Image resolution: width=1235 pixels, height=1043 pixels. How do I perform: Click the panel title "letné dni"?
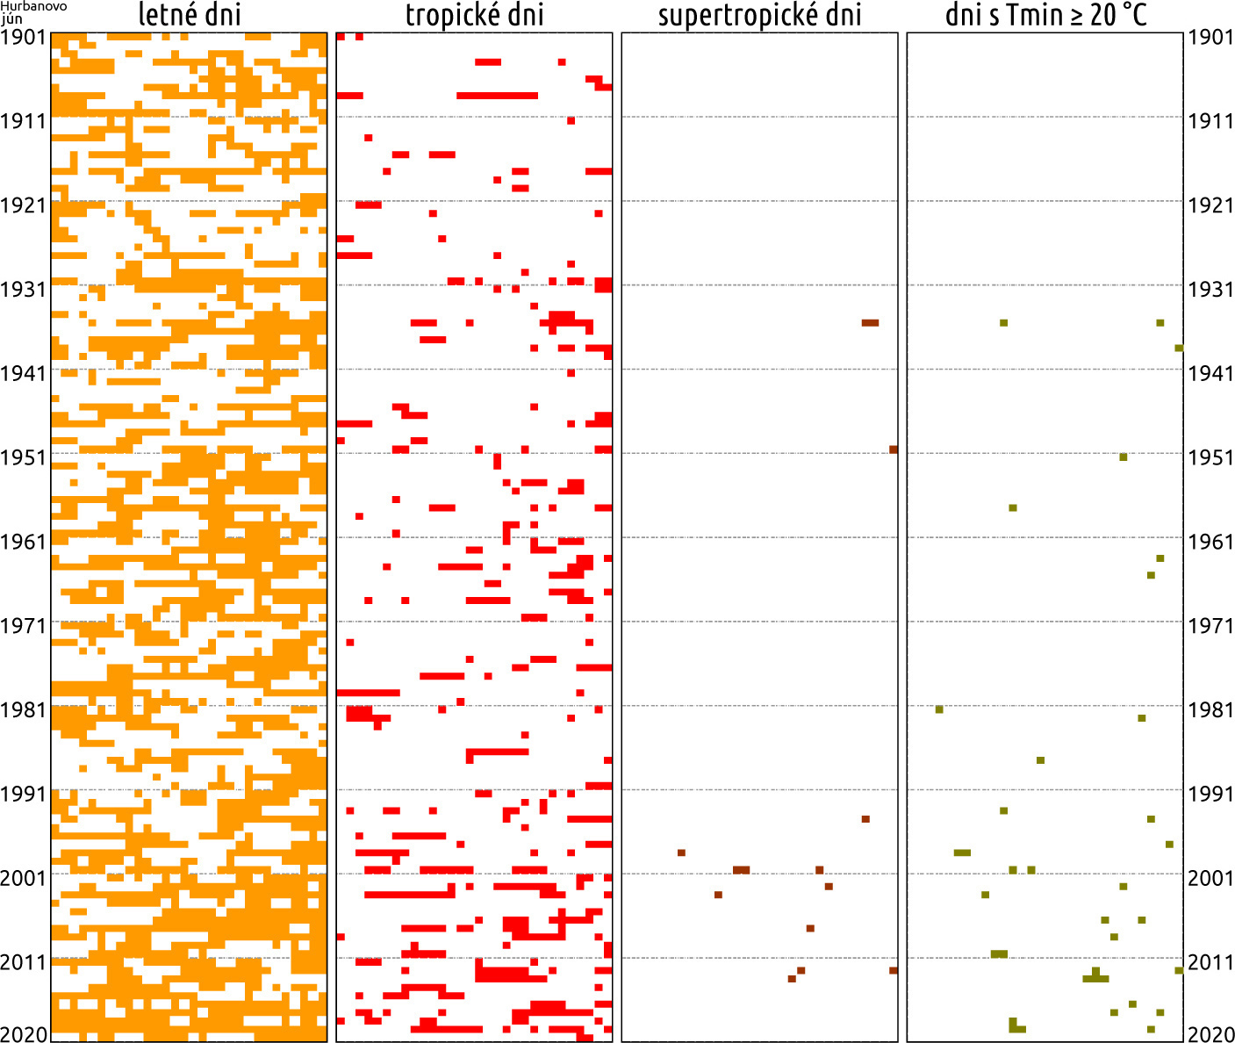(x=190, y=15)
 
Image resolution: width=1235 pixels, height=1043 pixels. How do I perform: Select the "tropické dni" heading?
(x=474, y=15)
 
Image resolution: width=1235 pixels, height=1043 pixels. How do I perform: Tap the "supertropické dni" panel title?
(x=759, y=15)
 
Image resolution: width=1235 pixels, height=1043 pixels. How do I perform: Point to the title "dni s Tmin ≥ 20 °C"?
(x=1045, y=15)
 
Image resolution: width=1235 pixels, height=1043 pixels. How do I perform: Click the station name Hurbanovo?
(x=26, y=6)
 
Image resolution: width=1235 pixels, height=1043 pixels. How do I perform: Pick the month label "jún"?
(x=11, y=18)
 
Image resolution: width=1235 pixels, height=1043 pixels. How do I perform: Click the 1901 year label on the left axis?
(x=24, y=37)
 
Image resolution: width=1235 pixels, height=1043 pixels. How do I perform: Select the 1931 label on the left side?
(x=24, y=290)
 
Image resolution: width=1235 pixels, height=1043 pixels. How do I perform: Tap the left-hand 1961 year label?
(x=24, y=542)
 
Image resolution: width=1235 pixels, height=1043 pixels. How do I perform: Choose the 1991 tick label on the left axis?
(x=24, y=795)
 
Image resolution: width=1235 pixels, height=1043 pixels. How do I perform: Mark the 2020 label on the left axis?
(x=24, y=1034)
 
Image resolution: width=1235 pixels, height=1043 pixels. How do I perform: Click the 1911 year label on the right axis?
(x=1210, y=121)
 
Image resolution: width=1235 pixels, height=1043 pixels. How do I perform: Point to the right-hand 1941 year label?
(x=1210, y=374)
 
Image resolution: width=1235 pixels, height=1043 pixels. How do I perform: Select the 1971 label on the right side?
(x=1210, y=626)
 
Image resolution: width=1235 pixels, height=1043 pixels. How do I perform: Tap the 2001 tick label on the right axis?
(x=1210, y=878)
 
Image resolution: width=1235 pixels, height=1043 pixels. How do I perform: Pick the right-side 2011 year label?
(x=1210, y=962)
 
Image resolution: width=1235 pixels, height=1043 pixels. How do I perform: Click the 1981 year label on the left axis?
(x=24, y=710)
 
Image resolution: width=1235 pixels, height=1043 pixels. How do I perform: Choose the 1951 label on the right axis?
(x=1210, y=458)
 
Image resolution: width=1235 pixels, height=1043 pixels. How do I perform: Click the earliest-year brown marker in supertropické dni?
(x=870, y=323)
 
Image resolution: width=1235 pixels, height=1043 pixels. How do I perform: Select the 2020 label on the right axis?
(x=1210, y=1034)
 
